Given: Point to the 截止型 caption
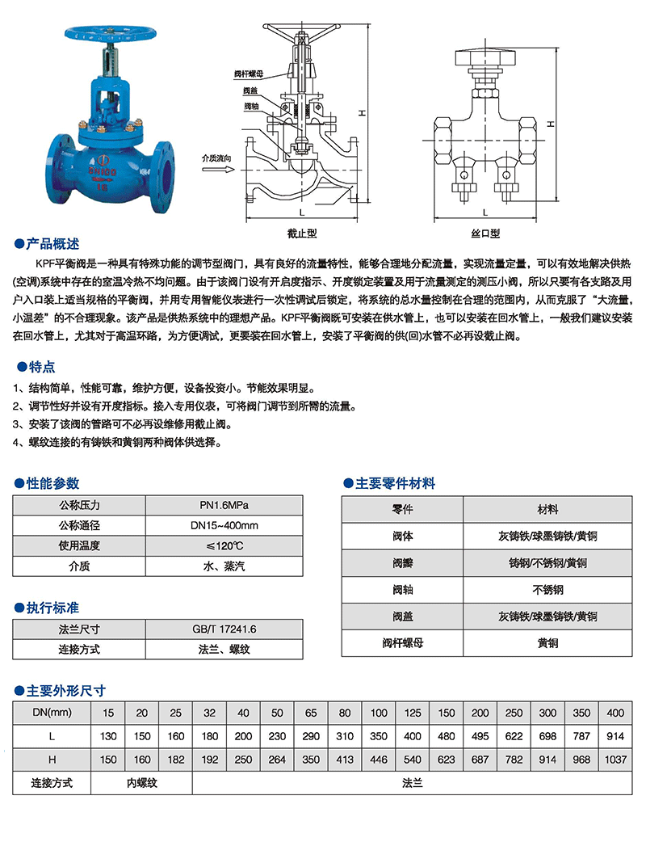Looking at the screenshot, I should click(x=302, y=234).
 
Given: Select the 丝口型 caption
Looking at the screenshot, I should click(x=485, y=234).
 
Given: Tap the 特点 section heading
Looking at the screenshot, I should click(x=40, y=366).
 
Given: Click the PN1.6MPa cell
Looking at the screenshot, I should click(x=224, y=506).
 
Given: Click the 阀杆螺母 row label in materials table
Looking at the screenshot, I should click(x=402, y=643).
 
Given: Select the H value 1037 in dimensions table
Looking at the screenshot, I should click(x=615, y=760).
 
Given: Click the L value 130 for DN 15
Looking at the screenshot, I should click(x=109, y=736).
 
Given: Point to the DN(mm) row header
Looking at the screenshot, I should click(x=52, y=712).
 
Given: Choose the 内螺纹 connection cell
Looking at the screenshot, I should click(x=142, y=783).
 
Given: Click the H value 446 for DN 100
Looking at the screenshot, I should click(x=379, y=760).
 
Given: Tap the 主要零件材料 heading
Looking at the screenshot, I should click(x=395, y=483).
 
